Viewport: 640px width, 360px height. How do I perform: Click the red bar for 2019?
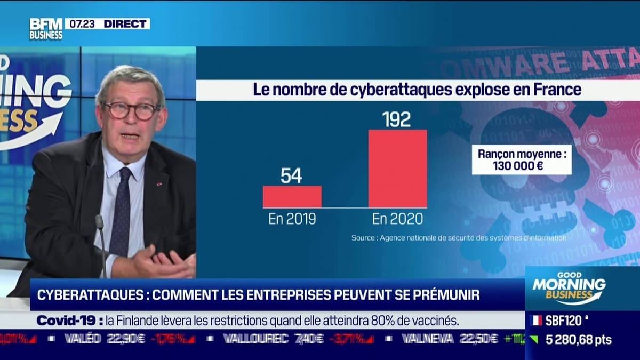point(292,196)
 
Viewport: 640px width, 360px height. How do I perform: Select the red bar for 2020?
point(397,169)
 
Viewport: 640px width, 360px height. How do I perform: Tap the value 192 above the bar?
point(397,119)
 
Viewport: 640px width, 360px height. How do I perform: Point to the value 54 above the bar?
point(291,175)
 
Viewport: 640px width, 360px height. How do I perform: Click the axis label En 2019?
point(292,219)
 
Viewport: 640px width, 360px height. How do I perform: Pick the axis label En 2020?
point(397,219)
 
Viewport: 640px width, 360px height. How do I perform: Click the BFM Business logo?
point(45,28)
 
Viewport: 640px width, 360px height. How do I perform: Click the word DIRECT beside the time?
point(126,23)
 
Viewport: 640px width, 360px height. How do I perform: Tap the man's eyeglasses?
point(131,110)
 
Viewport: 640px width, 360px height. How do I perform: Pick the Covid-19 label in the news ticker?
point(69,321)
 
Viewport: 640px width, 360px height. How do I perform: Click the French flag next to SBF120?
point(537,321)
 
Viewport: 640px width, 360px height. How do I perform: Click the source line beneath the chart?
point(459,238)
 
